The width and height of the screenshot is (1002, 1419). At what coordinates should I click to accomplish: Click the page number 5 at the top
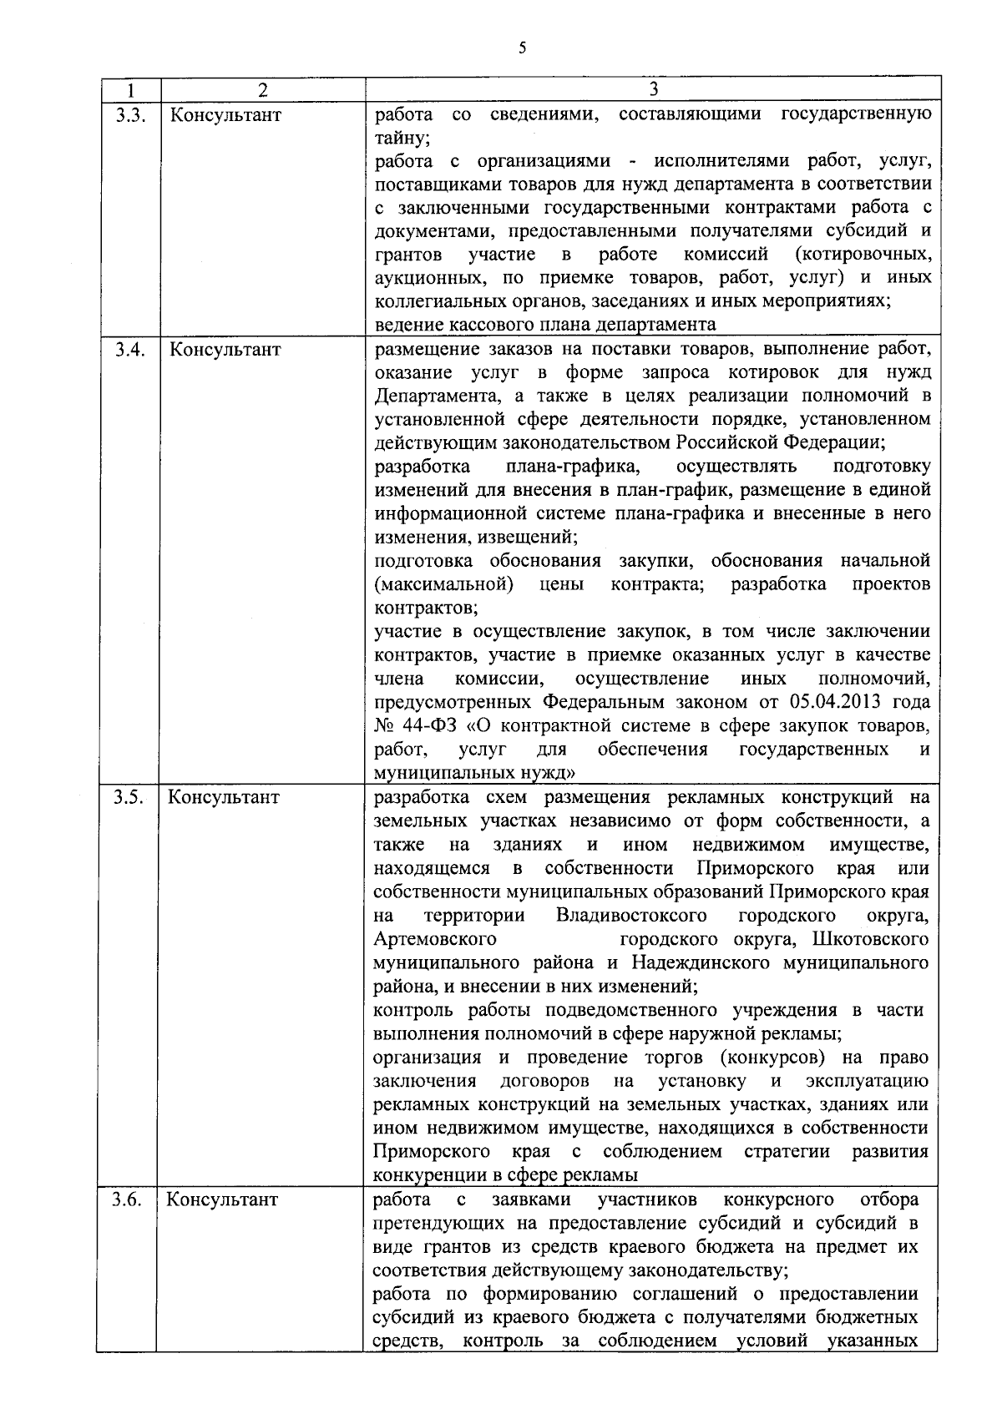point(522,48)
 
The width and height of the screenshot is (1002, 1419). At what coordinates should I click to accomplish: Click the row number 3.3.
point(129,114)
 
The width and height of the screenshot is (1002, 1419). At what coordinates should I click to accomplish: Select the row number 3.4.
point(129,350)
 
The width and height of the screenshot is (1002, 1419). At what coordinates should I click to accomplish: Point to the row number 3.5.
point(129,797)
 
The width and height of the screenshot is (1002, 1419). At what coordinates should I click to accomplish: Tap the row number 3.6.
point(129,1200)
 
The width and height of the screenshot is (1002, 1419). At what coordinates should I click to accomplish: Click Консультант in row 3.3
point(225,114)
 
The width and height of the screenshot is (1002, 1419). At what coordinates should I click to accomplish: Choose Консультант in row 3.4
point(225,350)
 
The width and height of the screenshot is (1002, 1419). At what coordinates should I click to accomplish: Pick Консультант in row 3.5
point(224,797)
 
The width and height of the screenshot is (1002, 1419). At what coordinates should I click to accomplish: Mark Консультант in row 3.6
point(222,1200)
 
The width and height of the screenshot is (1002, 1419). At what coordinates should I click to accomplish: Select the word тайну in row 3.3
point(401,138)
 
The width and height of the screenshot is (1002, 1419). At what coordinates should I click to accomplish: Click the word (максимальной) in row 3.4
point(443,584)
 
